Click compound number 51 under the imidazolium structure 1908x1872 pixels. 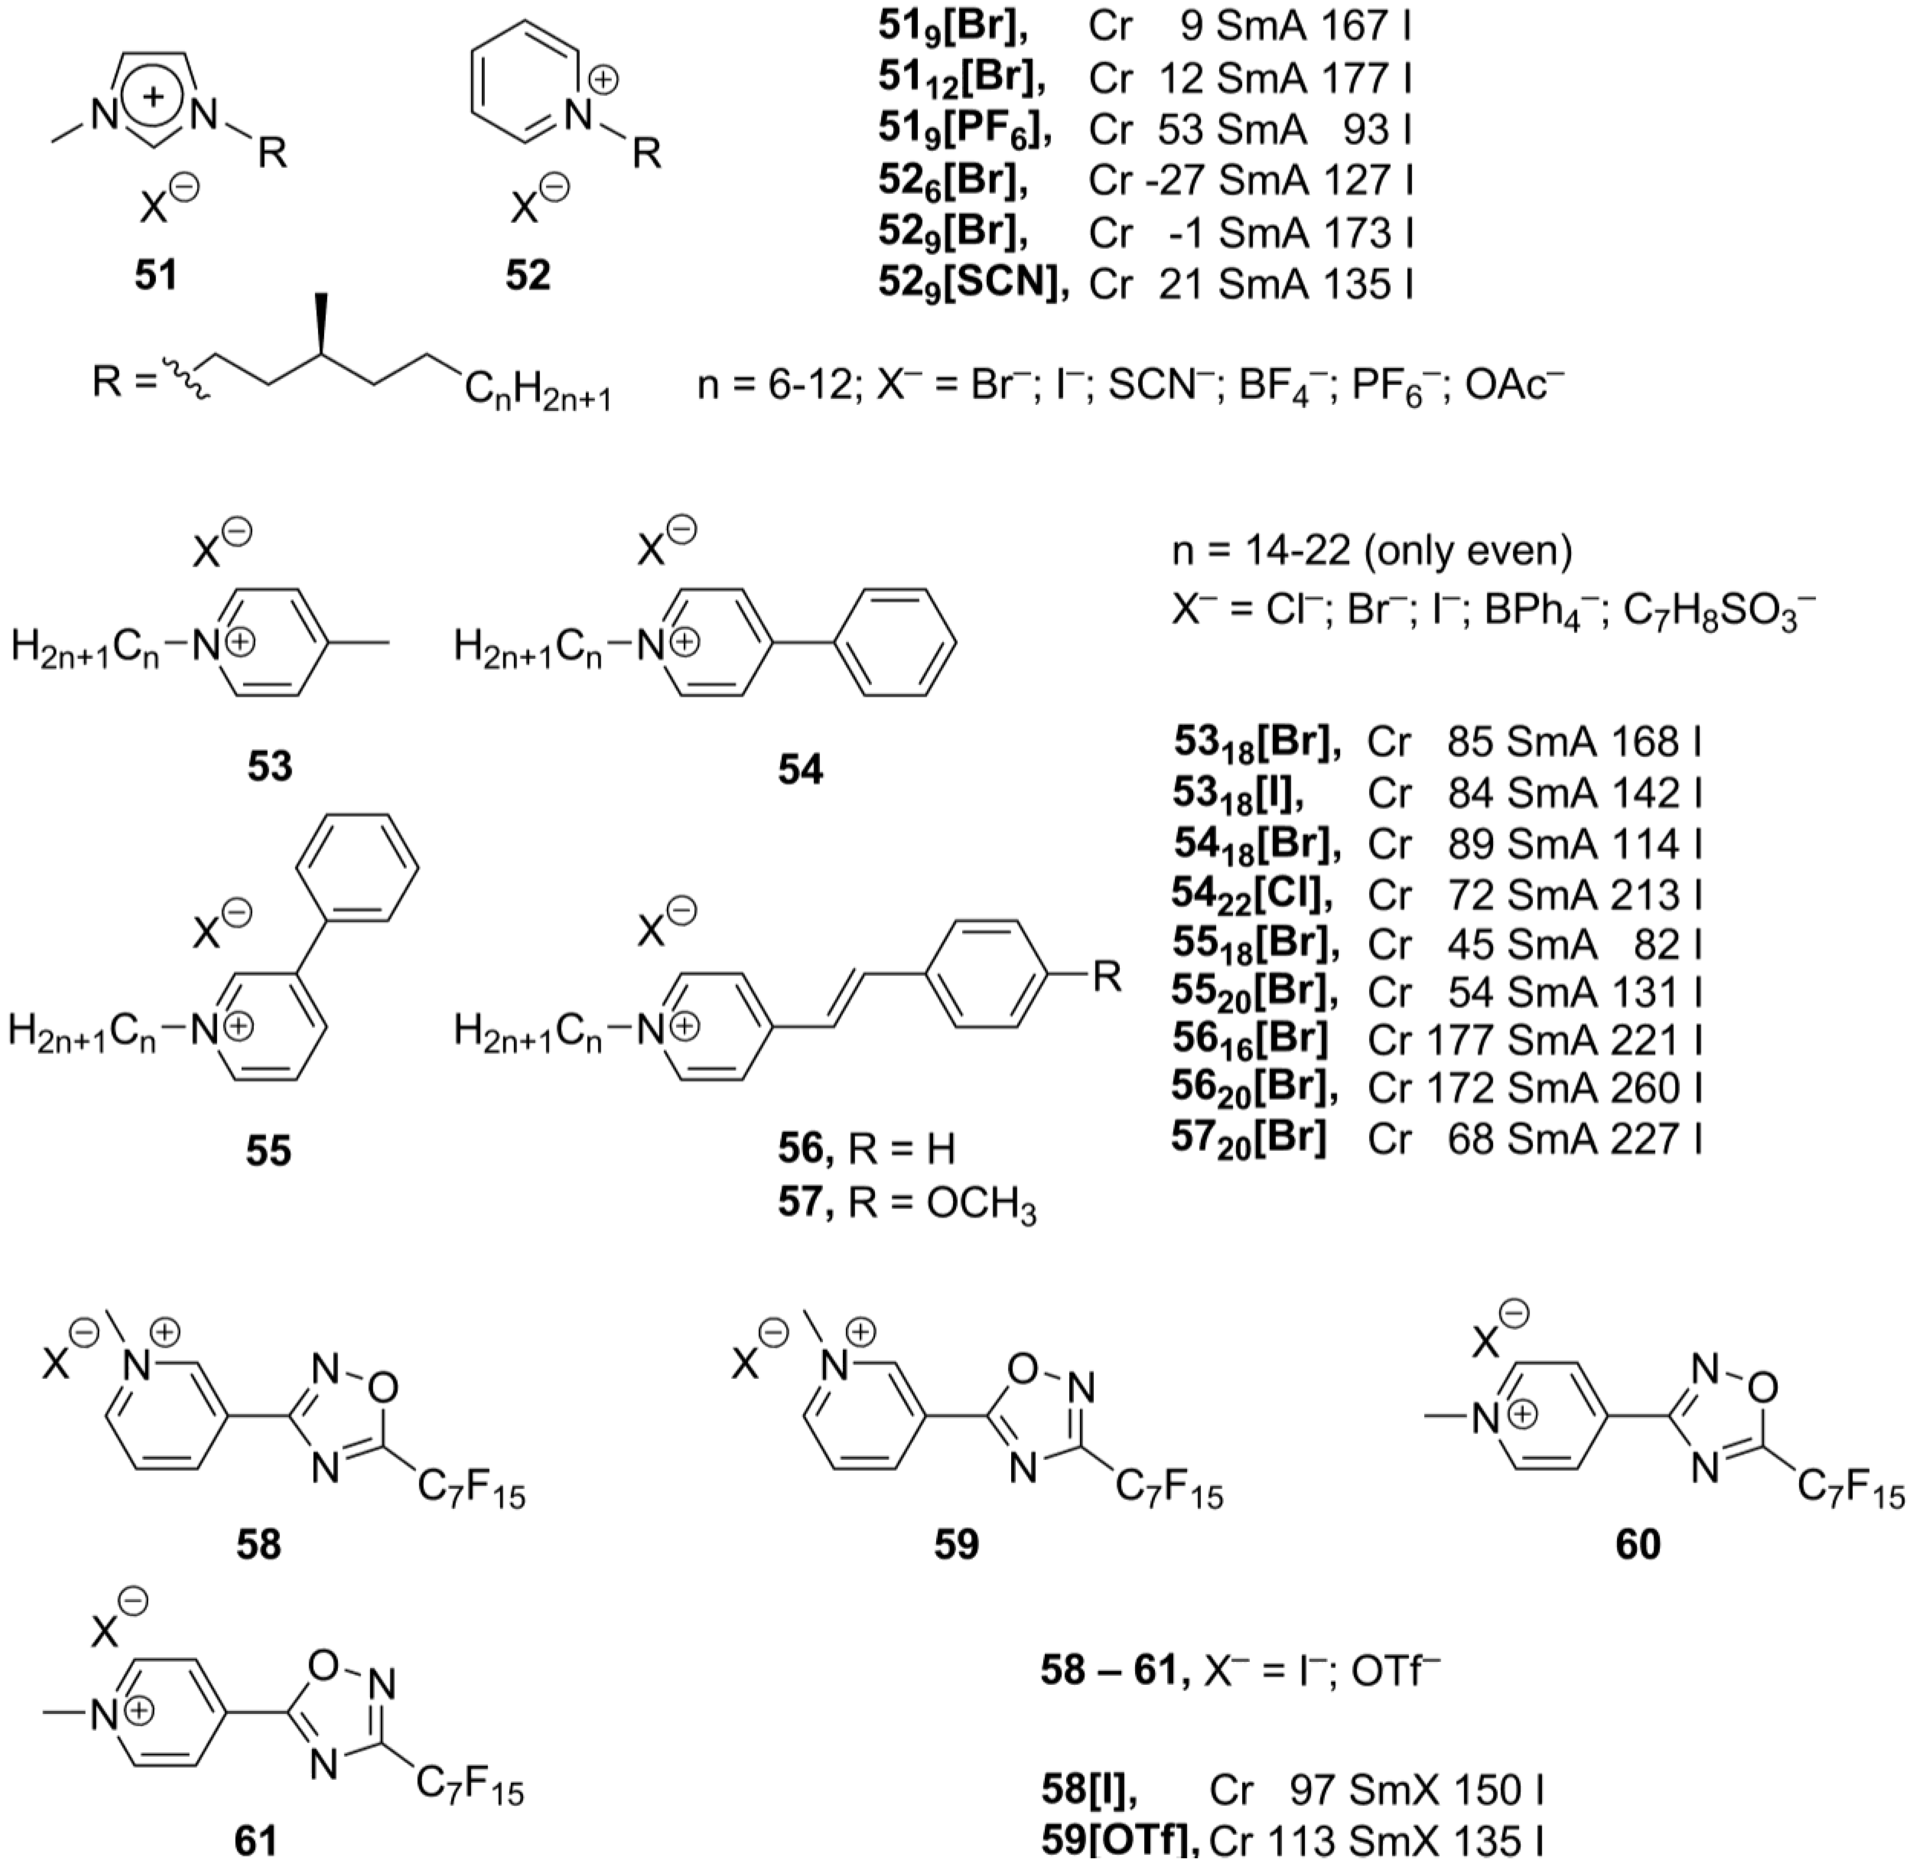coord(157,275)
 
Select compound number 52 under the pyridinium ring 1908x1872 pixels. coord(528,275)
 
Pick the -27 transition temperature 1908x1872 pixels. coord(1174,181)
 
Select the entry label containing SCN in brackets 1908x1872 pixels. coord(973,284)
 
